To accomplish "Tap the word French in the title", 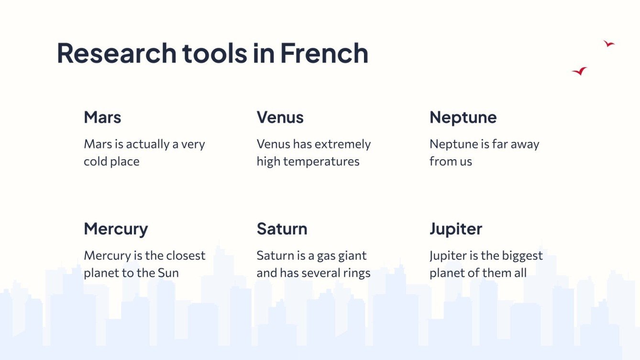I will [324, 53].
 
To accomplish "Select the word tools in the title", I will [215, 53].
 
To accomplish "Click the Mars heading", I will [102, 117].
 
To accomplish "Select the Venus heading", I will [280, 117].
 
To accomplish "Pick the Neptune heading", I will [463, 117].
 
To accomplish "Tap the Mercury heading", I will [116, 229].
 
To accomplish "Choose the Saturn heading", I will [282, 229].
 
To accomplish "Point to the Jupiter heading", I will [456, 229].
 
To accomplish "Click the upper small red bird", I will [608, 44].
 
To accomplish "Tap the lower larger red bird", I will [580, 71].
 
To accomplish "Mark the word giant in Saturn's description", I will [352, 256].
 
